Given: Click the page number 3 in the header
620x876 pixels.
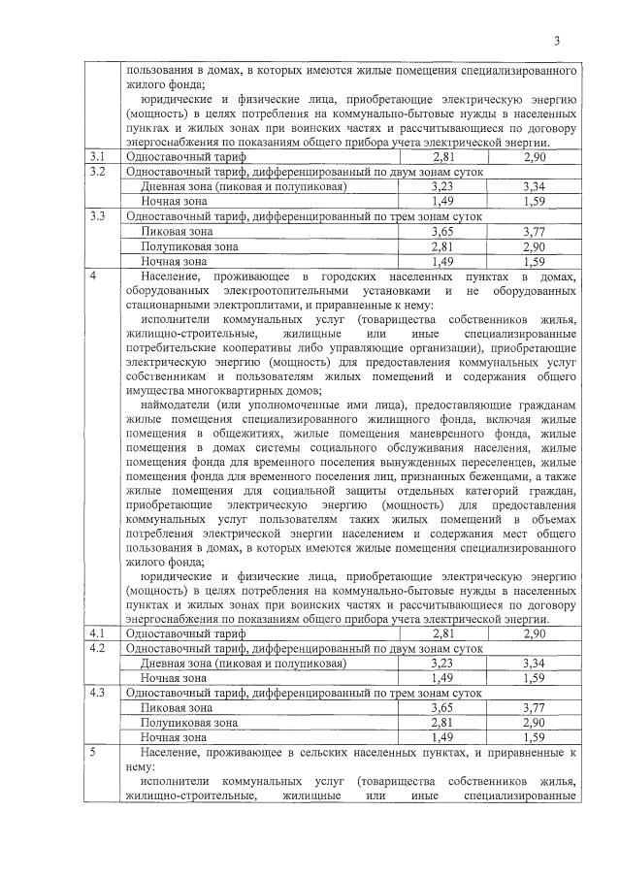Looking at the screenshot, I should coord(557,40).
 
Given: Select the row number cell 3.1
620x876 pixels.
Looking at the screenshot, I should coord(97,156).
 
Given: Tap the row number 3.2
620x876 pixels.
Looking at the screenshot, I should coord(97,171).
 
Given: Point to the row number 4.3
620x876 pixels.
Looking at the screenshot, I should coord(97,693).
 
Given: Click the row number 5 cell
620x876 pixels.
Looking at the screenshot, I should coord(93,752).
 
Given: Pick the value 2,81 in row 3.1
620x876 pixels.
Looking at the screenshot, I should coord(442,156).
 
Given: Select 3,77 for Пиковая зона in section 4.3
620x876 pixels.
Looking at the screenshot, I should coord(534,708).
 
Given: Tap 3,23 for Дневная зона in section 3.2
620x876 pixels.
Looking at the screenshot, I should coord(442,185).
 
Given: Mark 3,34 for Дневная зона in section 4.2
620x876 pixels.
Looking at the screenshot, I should coord(534,663).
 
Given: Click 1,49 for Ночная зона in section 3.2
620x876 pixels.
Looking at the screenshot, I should coord(442,200).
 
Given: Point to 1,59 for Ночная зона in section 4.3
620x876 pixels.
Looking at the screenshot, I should coord(534,737).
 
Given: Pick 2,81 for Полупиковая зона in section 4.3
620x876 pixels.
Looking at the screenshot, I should coord(442,723).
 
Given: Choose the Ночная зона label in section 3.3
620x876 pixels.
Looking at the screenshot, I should coord(174,261).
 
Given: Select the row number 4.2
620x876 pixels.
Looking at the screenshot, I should coord(97,648).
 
